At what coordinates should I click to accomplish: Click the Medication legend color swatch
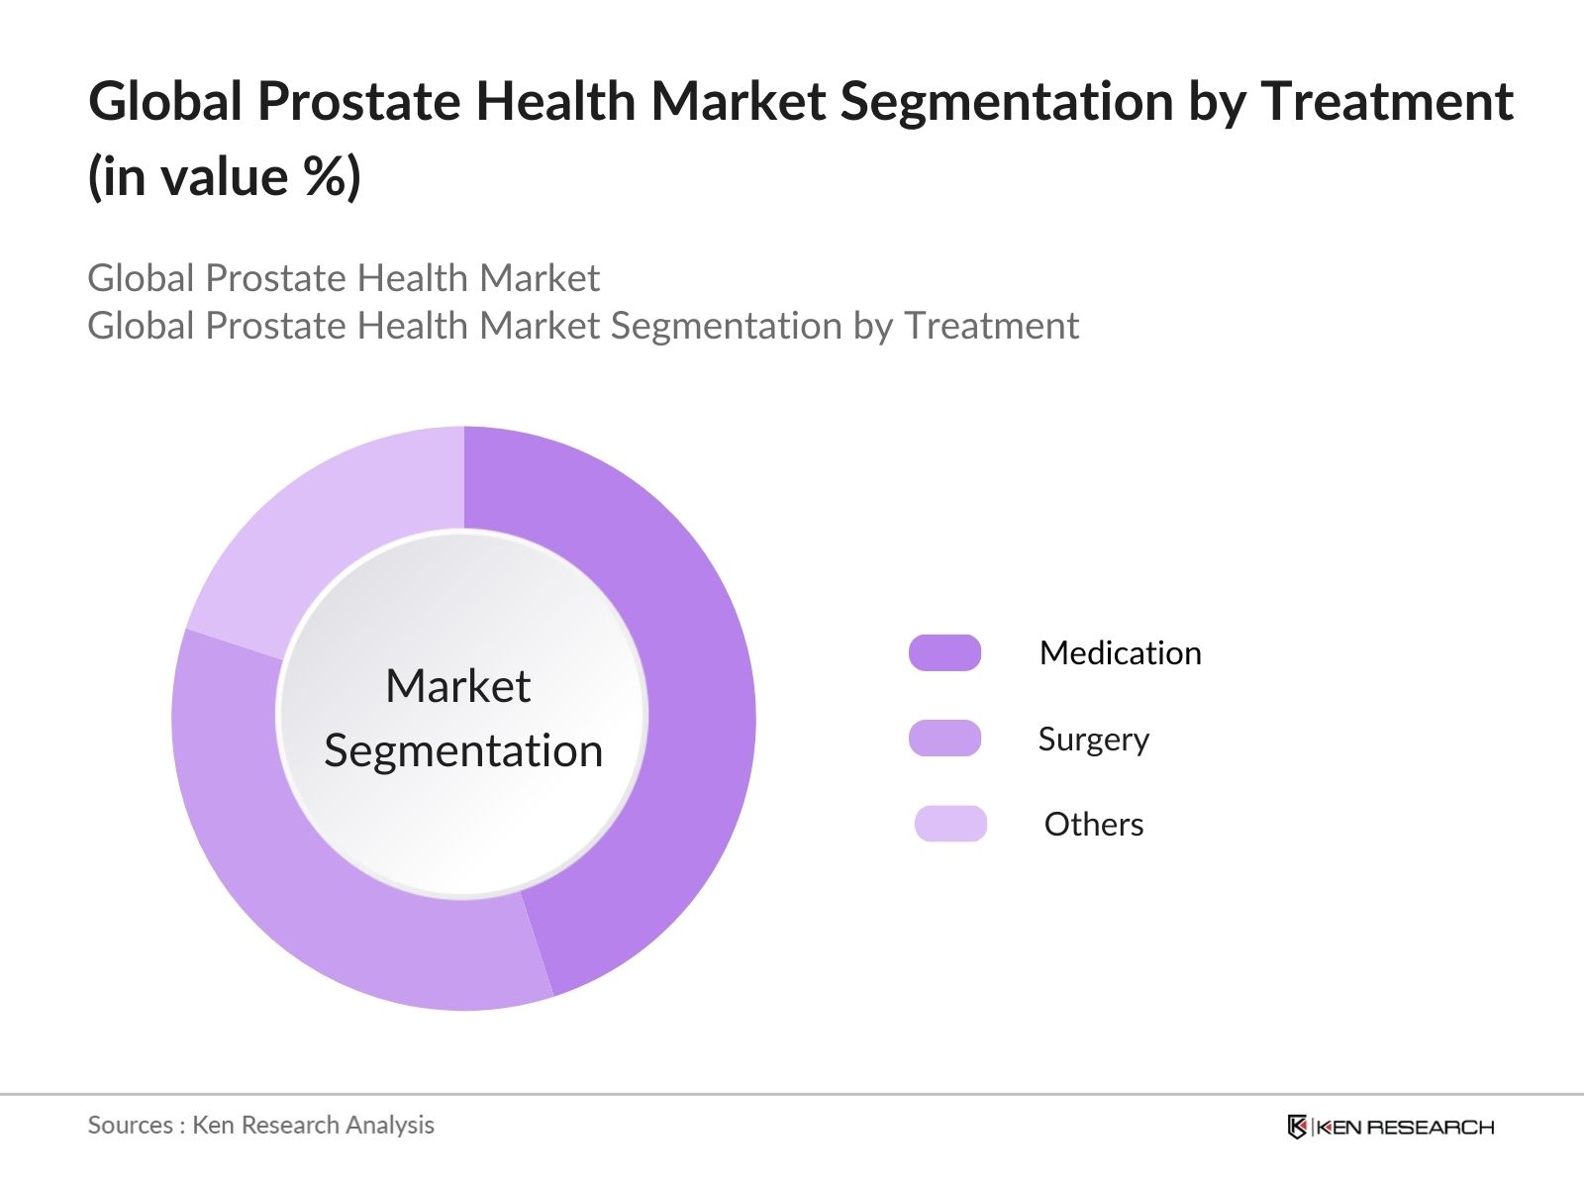pos(944,653)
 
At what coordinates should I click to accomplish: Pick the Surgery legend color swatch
pos(944,739)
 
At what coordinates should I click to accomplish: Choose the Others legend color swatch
pos(950,824)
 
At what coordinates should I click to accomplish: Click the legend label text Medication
pos(1120,653)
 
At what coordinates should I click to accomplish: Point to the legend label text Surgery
pos(1093,740)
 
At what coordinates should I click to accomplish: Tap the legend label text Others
pos(1093,825)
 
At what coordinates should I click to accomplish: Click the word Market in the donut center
pos(457,686)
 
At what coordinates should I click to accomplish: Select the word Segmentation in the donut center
pos(463,750)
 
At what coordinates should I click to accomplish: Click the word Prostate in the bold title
pos(361,102)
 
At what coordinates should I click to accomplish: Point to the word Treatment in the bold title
pos(1386,102)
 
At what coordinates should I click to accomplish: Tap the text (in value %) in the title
pos(225,178)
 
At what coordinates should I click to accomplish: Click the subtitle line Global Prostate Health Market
pos(344,278)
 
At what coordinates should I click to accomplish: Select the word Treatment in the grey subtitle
pos(991,326)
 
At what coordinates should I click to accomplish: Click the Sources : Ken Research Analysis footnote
pos(260,1125)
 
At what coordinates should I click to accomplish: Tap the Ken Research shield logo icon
pos(1297,1127)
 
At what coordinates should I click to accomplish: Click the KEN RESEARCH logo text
pos(1405,1127)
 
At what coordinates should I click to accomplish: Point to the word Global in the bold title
pos(165,102)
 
